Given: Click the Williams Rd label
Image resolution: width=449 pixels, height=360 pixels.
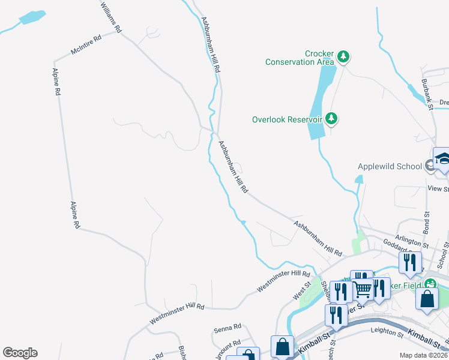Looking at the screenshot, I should point(111,16).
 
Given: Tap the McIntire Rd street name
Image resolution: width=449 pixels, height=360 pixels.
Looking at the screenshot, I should point(86,44).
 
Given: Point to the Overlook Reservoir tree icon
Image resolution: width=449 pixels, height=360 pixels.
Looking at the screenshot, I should point(331,119).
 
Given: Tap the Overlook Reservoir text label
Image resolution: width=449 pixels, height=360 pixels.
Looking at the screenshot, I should point(288,119).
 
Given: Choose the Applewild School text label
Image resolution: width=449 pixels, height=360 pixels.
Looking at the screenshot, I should point(390,166).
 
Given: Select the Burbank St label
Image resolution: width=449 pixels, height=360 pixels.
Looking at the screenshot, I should point(427,94).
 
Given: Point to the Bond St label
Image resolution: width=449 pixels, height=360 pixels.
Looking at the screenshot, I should point(427,223).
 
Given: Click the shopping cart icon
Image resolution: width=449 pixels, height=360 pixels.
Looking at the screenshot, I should point(363,289).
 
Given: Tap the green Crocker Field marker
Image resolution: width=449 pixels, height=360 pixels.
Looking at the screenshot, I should point(430,283).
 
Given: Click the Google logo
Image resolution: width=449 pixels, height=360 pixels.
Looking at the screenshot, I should point(20,353).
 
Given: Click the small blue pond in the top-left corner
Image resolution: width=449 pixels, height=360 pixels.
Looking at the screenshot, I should point(32,18).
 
